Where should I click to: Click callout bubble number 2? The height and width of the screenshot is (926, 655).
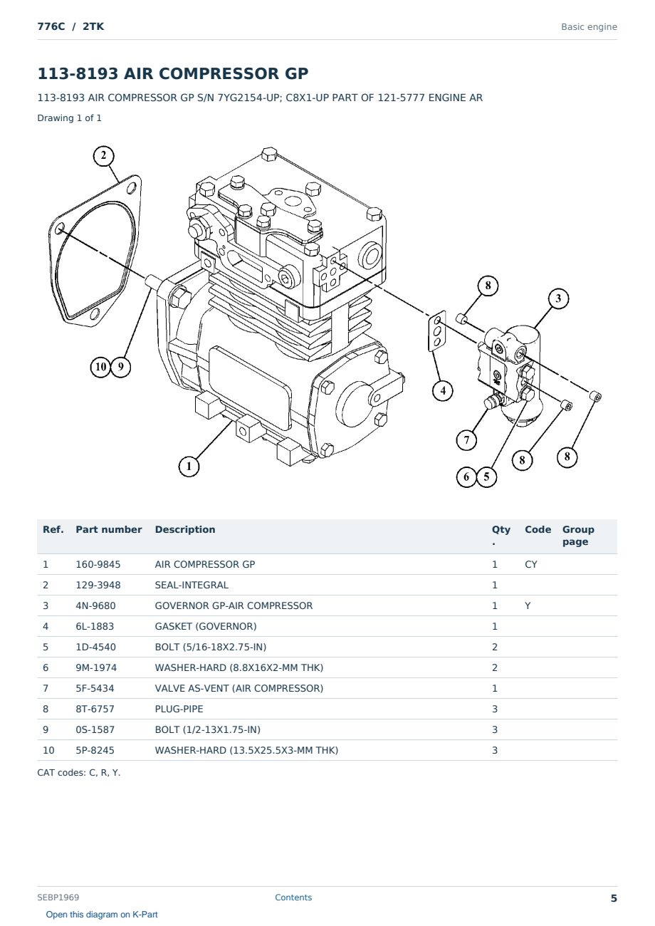(103, 156)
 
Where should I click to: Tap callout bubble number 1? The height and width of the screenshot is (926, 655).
(189, 467)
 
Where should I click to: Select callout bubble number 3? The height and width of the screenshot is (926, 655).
(558, 298)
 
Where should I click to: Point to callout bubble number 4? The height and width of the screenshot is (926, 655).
(443, 390)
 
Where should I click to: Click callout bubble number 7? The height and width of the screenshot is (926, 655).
(466, 439)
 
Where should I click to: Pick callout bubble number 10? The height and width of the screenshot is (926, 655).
(100, 367)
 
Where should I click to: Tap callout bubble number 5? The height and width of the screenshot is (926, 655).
(486, 477)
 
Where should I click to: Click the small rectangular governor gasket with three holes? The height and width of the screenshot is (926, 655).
(437, 331)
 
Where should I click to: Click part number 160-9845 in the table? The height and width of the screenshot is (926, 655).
(98, 564)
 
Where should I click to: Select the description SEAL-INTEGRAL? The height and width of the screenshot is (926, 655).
(192, 585)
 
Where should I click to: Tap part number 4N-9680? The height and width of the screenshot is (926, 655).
(95, 605)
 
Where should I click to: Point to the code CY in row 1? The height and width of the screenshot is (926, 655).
(531, 564)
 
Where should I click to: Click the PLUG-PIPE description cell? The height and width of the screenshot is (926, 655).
(179, 709)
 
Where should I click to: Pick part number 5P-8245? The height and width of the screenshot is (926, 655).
(95, 750)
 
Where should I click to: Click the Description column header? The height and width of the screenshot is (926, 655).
(185, 529)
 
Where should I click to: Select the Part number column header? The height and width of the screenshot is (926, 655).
(109, 529)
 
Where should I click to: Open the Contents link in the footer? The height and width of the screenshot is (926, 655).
(293, 898)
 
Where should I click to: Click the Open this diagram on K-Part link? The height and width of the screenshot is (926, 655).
(102, 915)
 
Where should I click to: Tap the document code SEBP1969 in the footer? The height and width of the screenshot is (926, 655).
(58, 898)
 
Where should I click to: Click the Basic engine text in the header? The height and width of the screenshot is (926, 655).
(589, 27)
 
